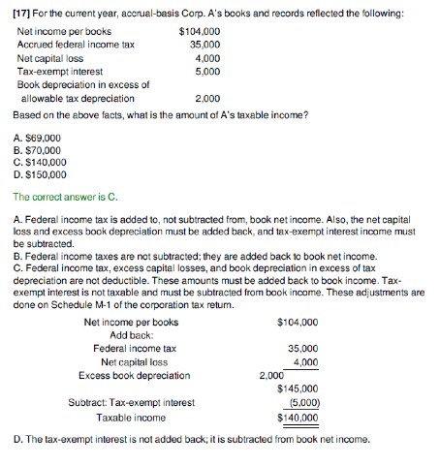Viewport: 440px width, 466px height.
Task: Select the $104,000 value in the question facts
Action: [x=201, y=32]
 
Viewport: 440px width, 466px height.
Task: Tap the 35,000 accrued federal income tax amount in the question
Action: [x=204, y=45]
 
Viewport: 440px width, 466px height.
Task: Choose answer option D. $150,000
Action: [x=41, y=175]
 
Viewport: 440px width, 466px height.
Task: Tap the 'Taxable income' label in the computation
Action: [x=131, y=418]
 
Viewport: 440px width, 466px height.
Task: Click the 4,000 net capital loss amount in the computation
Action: [x=305, y=362]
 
